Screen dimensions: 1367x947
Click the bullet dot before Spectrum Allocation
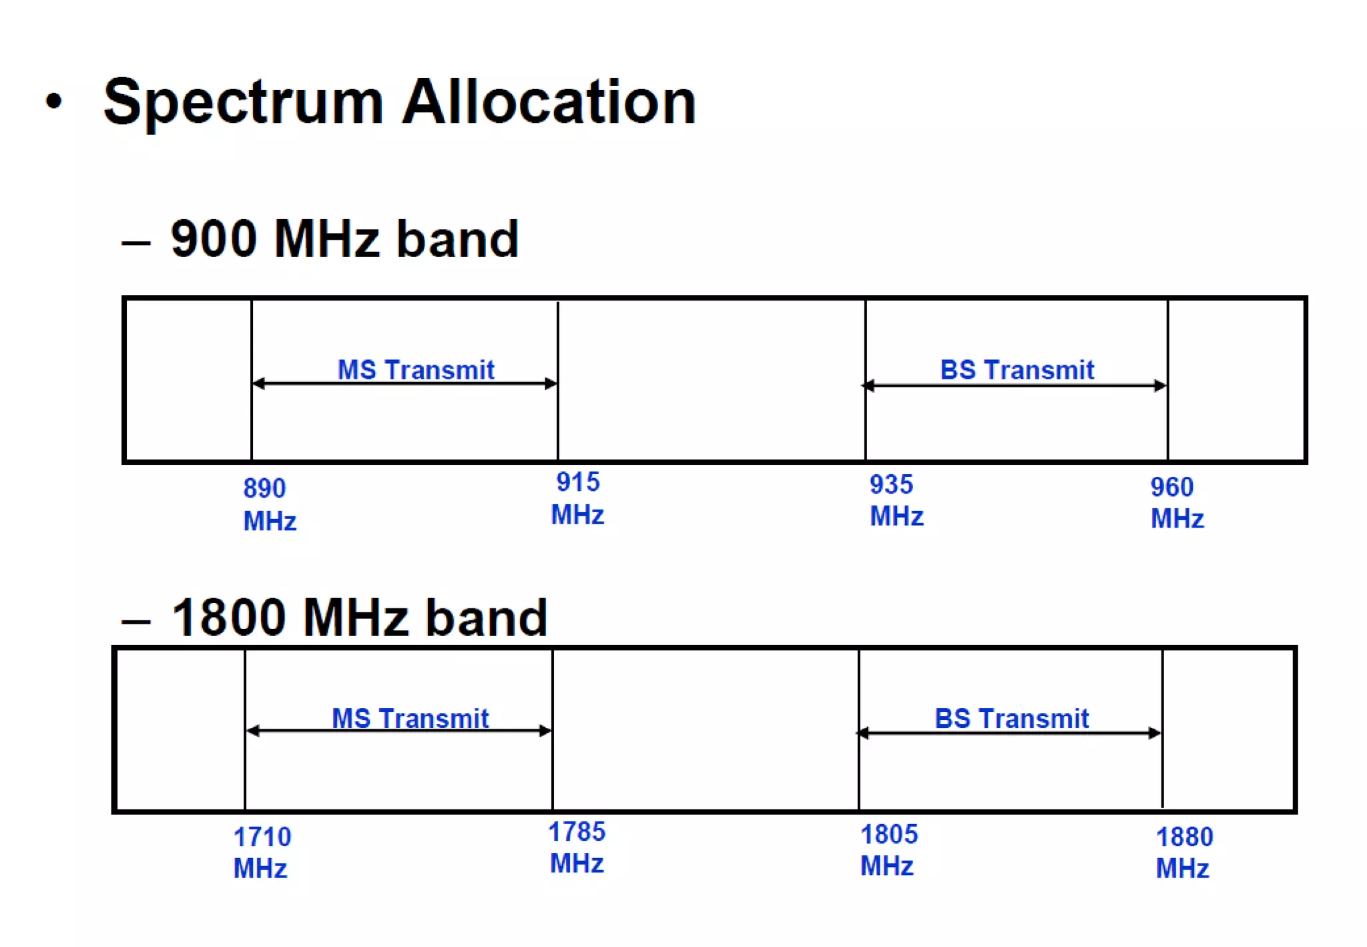54,102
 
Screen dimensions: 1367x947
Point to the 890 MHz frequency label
269,504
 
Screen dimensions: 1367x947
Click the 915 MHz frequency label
577,498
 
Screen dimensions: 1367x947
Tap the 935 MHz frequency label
896,500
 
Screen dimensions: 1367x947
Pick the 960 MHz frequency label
1177,502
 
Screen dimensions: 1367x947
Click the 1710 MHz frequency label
262,852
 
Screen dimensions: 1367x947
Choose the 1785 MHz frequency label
577,847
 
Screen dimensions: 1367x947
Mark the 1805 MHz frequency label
888,849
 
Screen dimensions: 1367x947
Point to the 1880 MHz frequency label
1183,852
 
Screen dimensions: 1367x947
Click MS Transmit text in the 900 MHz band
415,369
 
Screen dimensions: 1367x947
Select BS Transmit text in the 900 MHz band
1017,369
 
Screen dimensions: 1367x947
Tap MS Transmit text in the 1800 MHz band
410,719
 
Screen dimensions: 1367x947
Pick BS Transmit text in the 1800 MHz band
1011,719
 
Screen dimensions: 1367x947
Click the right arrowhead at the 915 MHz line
551,383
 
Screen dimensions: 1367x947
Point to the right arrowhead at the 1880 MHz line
1154,733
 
